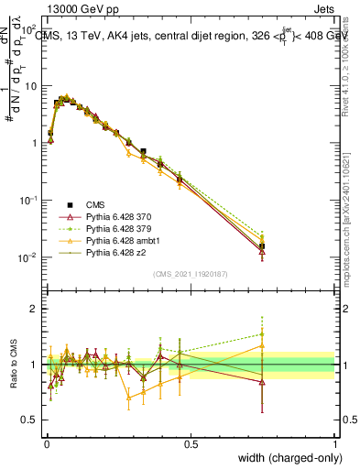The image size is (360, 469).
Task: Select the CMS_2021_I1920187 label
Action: (x=191, y=274)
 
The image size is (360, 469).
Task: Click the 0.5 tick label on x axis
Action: (x=191, y=443)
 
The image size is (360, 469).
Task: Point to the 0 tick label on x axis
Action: (x=46, y=443)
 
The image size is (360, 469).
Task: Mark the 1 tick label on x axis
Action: (x=335, y=443)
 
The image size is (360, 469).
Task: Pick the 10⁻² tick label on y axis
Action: (x=29, y=257)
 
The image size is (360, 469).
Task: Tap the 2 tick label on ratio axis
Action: (x=34, y=309)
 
